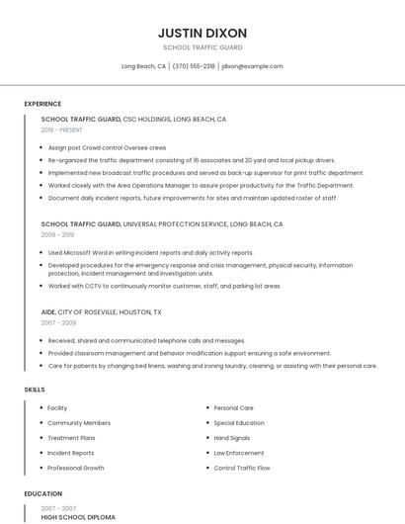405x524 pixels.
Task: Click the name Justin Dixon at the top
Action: coord(202,33)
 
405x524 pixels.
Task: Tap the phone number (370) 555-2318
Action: coord(194,66)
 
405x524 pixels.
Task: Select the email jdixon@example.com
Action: coord(252,66)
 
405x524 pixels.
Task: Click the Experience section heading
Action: coord(42,104)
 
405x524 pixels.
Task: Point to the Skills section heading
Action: coord(35,390)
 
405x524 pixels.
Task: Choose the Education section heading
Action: coord(42,493)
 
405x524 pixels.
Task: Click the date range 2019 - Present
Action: coord(61,130)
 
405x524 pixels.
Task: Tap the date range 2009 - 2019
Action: coord(57,235)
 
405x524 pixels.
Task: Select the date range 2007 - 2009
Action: coord(57,322)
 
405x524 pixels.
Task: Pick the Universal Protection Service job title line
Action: coord(162,224)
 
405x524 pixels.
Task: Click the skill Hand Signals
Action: coord(233,438)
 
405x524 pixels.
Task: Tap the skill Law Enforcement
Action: coord(239,453)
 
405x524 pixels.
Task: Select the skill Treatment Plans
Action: coord(71,438)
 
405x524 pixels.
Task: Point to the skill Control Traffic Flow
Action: coord(242,468)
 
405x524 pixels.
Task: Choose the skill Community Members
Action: coord(79,423)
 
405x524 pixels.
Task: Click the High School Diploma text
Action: coord(78,517)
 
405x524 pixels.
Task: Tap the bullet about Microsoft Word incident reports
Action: coord(150,252)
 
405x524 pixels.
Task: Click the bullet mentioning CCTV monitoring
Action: coord(164,286)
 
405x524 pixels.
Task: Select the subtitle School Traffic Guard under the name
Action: coord(202,47)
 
